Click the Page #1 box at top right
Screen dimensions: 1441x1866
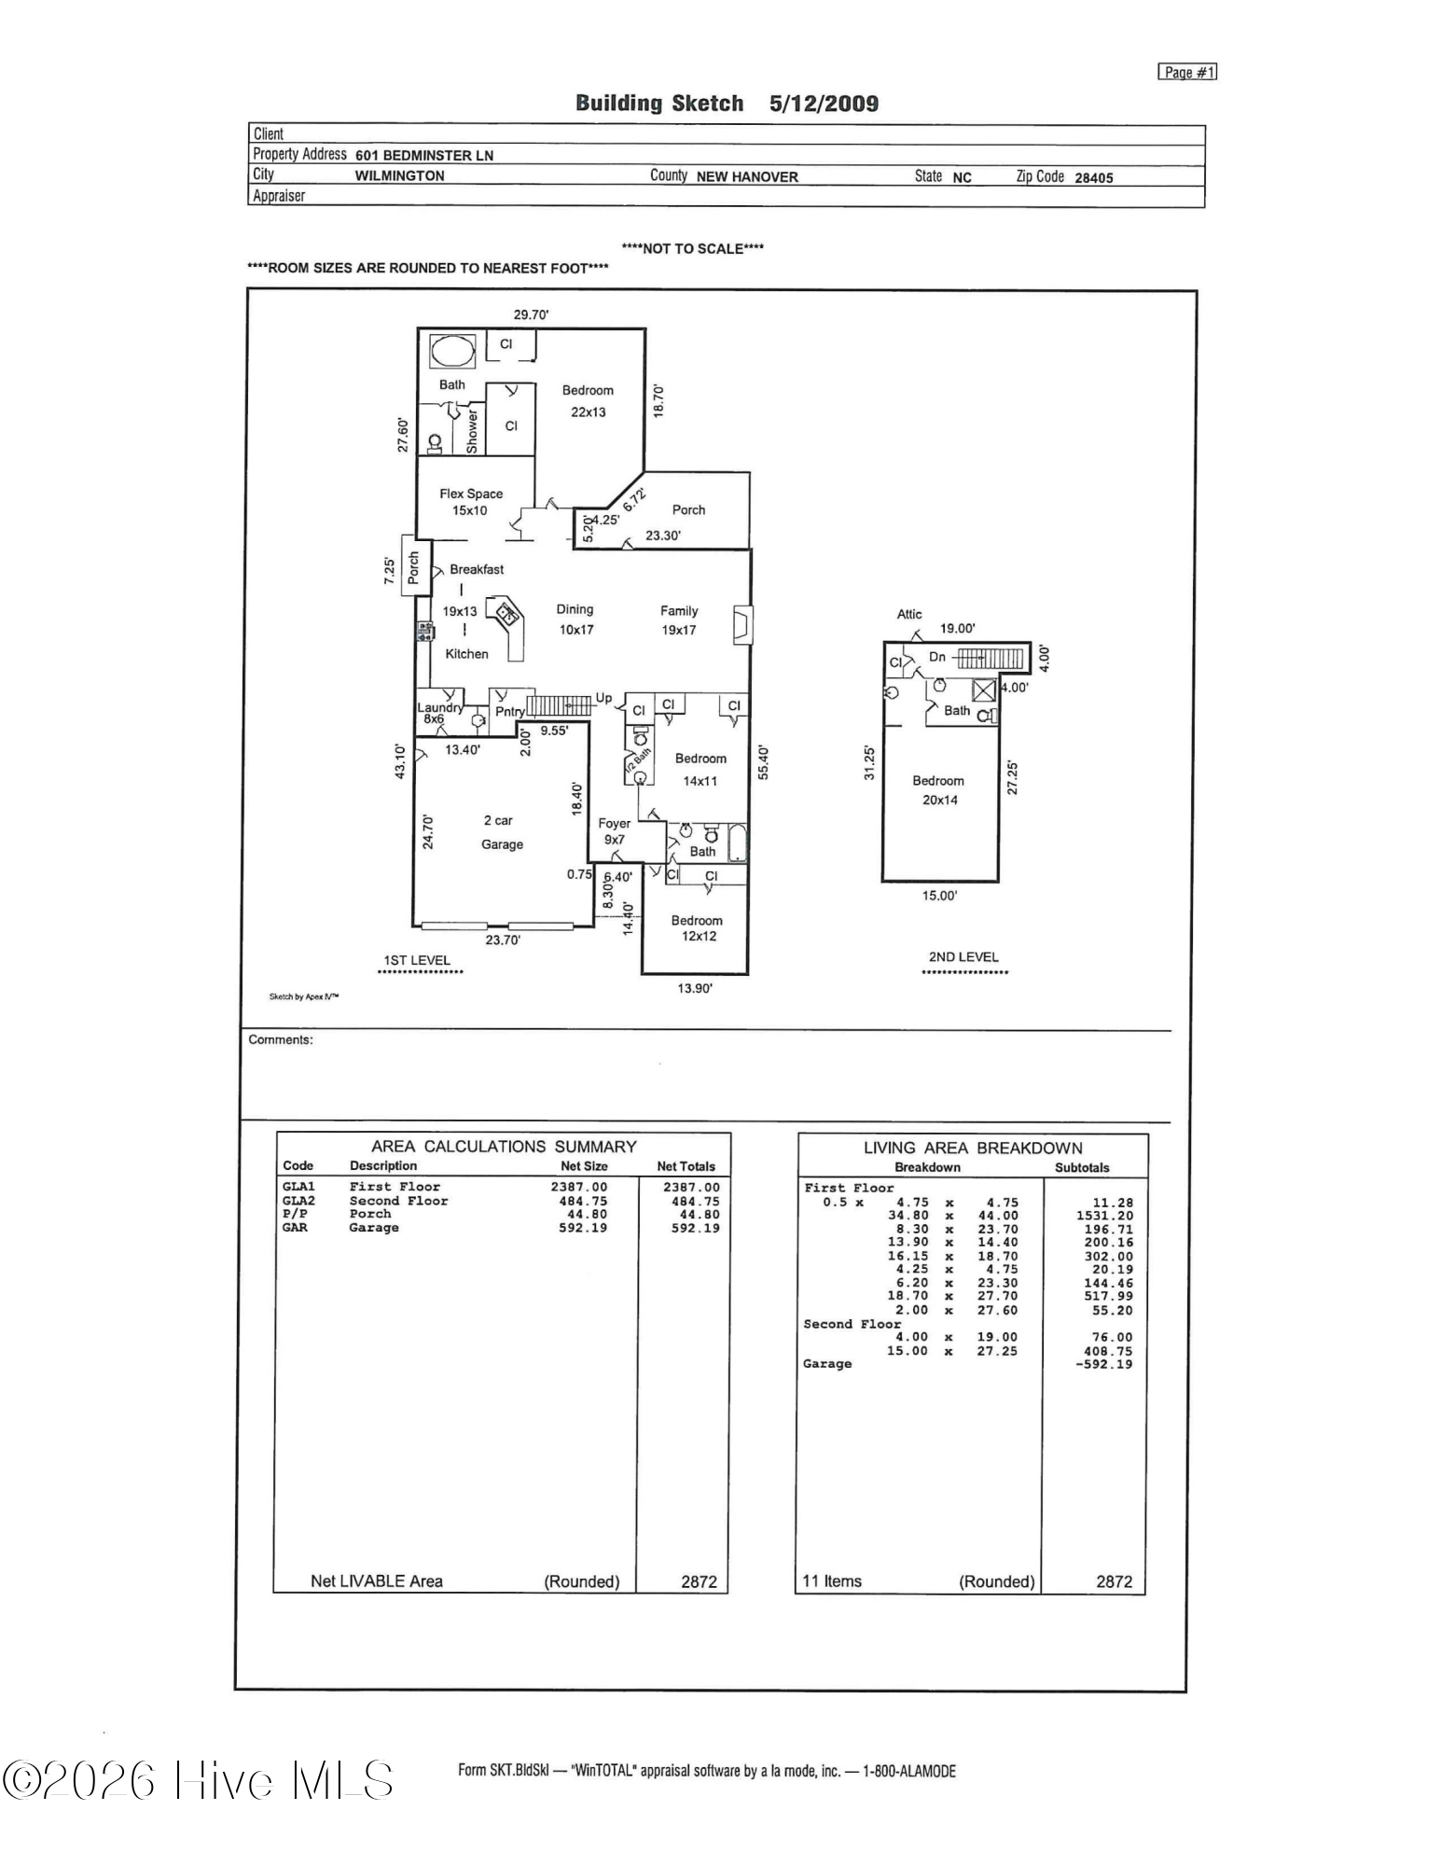coord(1187,73)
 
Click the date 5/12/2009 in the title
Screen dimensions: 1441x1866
coord(824,104)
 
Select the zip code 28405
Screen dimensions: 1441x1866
coord(1094,177)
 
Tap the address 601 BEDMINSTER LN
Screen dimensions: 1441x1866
coord(424,156)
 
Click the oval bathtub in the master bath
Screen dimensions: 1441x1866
coord(452,352)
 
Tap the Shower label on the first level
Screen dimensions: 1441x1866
coord(472,430)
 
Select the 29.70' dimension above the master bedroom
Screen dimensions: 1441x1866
coord(531,315)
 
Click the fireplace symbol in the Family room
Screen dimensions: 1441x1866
coord(743,625)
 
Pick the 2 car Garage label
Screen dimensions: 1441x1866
coord(502,832)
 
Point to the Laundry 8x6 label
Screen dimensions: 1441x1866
coord(438,713)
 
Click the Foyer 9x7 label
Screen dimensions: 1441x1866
coord(614,831)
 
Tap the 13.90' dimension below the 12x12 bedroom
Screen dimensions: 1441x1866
coord(695,988)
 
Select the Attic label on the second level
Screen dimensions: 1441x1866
coord(909,614)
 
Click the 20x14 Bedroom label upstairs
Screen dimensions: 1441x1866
coord(939,790)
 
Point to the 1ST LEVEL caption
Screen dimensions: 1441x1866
coord(417,960)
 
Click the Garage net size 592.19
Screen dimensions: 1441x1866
coord(583,1228)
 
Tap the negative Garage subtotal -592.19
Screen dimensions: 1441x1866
coord(1104,1364)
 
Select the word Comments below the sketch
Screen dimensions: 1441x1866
coord(281,1039)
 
